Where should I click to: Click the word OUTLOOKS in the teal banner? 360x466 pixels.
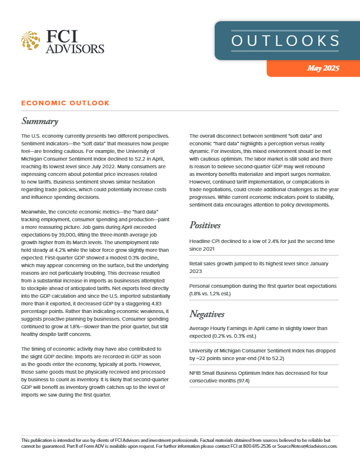tap(285, 41)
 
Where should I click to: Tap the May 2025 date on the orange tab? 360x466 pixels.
tap(323, 68)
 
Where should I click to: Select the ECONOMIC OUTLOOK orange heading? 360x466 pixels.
tap(65, 103)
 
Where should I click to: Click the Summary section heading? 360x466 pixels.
tap(39, 122)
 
